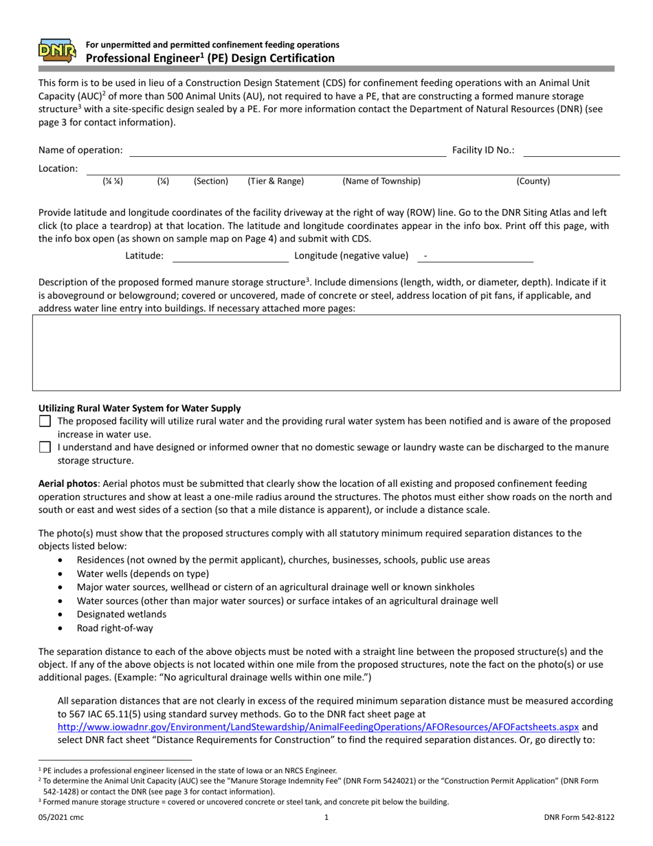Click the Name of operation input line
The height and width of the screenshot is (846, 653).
[287, 150]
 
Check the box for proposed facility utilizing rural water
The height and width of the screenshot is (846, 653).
[45, 421]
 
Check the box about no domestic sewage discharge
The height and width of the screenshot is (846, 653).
[45, 447]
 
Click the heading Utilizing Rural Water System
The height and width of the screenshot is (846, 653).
[140, 408]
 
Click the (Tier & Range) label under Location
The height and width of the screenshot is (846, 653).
[276, 182]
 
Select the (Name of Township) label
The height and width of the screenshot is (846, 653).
[381, 182]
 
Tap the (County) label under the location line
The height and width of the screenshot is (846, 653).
[533, 182]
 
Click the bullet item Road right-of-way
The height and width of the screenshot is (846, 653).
[115, 628]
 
